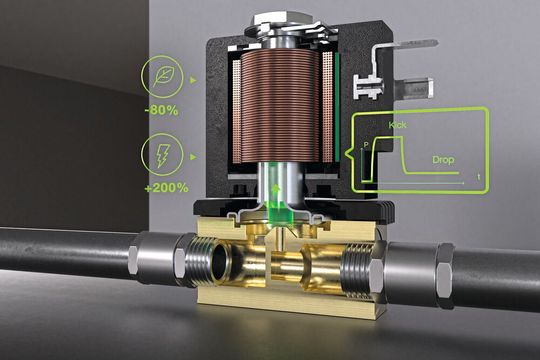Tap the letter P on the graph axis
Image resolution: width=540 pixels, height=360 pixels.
[366, 146]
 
